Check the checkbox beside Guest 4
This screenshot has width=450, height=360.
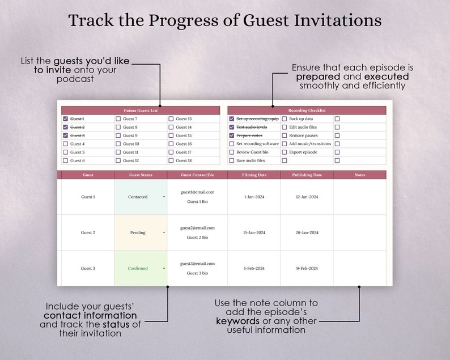coord(65,144)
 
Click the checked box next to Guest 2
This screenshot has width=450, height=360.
coord(65,127)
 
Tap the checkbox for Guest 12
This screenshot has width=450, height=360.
coord(118,160)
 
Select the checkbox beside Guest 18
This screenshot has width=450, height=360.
coord(171,160)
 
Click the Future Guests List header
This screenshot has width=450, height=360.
coord(140,111)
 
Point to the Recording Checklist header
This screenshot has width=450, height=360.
coord(307,111)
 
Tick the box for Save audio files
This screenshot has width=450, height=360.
coord(231,160)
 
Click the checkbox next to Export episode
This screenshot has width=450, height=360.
coord(285,153)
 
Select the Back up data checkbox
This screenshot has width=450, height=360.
coord(285,119)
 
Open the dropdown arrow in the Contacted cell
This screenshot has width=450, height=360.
coord(164,197)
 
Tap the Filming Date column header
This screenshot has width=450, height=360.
coord(254,175)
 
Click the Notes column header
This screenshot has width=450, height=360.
coord(359,175)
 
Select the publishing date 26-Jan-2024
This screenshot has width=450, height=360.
coord(307,232)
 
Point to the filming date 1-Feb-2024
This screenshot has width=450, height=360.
coord(254,268)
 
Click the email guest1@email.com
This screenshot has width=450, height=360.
coord(197,192)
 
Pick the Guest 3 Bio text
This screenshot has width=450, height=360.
coord(197,273)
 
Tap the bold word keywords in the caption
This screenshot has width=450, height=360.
coord(237,321)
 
